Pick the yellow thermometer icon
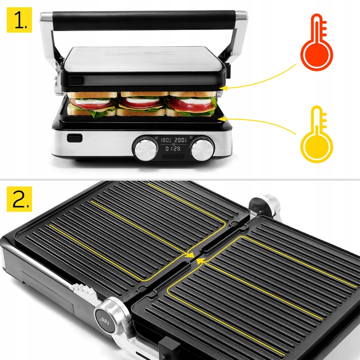(316, 133)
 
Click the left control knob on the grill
(145, 148)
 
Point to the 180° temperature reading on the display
(165, 140)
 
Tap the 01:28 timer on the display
(173, 148)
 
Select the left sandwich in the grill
(92, 103)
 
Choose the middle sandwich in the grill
(142, 103)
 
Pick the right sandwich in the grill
(192, 103)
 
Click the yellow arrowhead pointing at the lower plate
(224, 118)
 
